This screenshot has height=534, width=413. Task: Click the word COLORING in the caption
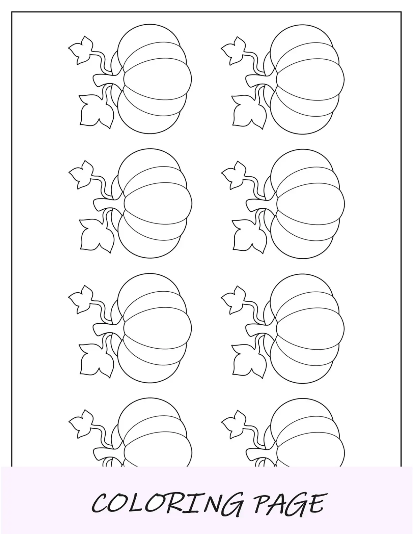click(167, 502)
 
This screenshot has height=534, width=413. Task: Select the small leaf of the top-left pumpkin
click(81, 50)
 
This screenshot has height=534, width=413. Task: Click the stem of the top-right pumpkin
click(260, 80)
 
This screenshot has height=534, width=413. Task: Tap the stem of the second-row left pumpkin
click(108, 204)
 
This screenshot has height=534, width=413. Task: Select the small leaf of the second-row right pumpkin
click(234, 175)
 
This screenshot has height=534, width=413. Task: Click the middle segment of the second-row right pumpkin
click(310, 204)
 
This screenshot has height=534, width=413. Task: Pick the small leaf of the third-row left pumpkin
click(81, 299)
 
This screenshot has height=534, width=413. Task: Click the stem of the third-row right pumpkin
click(260, 329)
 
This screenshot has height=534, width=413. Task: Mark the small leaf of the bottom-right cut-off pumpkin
click(234, 424)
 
